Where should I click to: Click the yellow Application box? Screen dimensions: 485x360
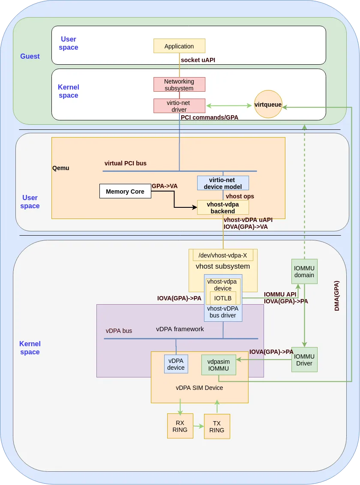(179, 46)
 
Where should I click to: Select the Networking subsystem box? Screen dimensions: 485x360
(179, 84)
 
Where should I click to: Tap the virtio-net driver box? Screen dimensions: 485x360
(179, 106)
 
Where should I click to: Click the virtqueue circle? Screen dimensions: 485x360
(268, 105)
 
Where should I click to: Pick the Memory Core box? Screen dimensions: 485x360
(125, 191)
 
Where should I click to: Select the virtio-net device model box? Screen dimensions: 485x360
(223, 183)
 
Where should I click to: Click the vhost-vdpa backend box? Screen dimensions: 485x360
(223, 207)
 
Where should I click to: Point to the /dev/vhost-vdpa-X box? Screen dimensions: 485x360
(223, 255)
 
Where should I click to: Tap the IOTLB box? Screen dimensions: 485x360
(223, 298)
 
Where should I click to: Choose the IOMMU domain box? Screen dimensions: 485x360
(304, 271)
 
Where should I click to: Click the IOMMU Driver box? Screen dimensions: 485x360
(304, 359)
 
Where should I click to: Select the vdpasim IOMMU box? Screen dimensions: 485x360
(218, 365)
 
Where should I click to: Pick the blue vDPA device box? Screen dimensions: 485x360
(176, 364)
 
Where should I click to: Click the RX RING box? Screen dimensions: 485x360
(180, 426)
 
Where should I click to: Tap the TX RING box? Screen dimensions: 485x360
(217, 426)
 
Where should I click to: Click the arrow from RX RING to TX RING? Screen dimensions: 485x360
(198, 426)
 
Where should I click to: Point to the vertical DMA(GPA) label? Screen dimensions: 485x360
(337, 296)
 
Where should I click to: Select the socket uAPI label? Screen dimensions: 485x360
(198, 60)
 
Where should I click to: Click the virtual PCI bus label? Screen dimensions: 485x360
(126, 163)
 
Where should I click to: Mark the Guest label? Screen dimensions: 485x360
(30, 56)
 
